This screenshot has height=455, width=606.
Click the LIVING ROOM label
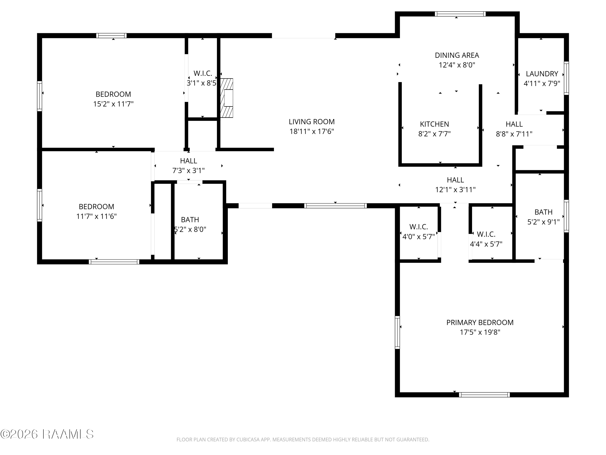(311, 122)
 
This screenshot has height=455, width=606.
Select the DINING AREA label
(457, 55)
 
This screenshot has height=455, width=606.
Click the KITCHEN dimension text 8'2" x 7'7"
(434, 134)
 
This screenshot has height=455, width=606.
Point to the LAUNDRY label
(542, 74)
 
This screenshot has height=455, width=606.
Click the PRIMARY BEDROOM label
(480, 323)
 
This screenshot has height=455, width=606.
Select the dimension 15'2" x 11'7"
(113, 104)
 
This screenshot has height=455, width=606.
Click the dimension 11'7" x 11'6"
(96, 216)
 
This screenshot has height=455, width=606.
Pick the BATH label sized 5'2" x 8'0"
(190, 220)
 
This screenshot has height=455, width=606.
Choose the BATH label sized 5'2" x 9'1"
(544, 212)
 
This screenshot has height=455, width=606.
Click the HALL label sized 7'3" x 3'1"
(188, 161)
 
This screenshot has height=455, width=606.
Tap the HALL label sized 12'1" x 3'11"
(455, 180)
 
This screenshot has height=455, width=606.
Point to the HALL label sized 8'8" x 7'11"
(514, 124)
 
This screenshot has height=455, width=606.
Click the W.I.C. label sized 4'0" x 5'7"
(419, 227)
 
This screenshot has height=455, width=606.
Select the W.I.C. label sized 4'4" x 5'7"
(486, 234)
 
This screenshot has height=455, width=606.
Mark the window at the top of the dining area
(460, 14)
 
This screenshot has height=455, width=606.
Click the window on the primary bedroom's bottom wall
(484, 395)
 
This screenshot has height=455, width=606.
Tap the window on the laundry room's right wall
(566, 78)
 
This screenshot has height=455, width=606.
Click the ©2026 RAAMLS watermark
(47, 434)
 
